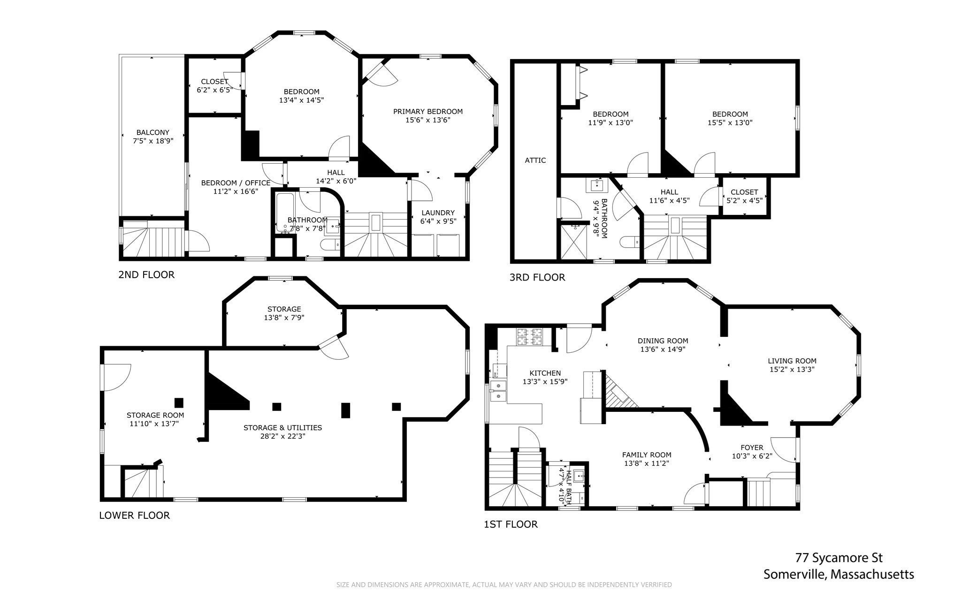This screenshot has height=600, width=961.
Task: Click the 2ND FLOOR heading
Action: pyautogui.click(x=146, y=274)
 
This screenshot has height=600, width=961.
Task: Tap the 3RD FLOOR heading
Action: pyautogui.click(x=537, y=277)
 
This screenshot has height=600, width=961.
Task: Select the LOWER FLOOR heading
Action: pyautogui.click(x=135, y=516)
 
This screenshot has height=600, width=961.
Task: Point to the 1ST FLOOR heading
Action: pyautogui.click(x=511, y=524)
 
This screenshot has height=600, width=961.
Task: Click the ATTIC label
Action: pyautogui.click(x=535, y=160)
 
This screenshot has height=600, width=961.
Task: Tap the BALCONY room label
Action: pyautogui.click(x=153, y=132)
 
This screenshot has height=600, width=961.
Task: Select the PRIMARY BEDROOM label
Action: pyautogui.click(x=428, y=112)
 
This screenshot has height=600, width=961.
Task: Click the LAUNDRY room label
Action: pyautogui.click(x=438, y=213)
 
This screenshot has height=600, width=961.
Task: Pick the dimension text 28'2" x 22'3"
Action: pyautogui.click(x=283, y=436)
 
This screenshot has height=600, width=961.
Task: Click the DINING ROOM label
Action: pyautogui.click(x=663, y=341)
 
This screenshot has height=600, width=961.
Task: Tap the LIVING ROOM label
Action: pyautogui.click(x=792, y=361)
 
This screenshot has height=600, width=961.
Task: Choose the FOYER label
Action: pyautogui.click(x=752, y=448)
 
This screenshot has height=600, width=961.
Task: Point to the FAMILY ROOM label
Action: pyautogui.click(x=647, y=455)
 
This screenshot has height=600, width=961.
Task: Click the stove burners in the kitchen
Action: pyautogui.click(x=529, y=337)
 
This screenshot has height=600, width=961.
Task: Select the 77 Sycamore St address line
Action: pyautogui.click(x=839, y=558)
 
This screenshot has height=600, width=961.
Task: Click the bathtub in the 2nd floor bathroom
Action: pyautogui.click(x=285, y=213)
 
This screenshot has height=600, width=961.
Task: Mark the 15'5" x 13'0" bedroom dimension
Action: pyautogui.click(x=730, y=122)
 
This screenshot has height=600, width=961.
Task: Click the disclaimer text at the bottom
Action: pyautogui.click(x=504, y=585)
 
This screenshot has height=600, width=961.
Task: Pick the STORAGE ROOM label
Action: pyautogui.click(x=155, y=415)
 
